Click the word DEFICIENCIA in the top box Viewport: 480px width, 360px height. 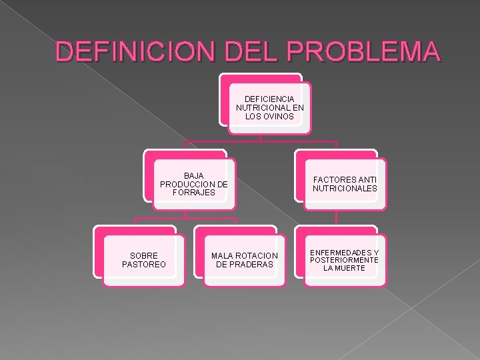(269, 99)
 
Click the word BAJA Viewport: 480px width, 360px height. (194, 175)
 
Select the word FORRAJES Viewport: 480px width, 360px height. (194, 193)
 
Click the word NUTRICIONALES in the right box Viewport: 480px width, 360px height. (345, 188)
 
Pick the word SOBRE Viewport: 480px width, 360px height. (144, 256)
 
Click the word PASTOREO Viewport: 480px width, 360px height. (144, 265)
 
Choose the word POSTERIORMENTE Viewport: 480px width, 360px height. (344, 260)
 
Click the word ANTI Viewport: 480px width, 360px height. (367, 179)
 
